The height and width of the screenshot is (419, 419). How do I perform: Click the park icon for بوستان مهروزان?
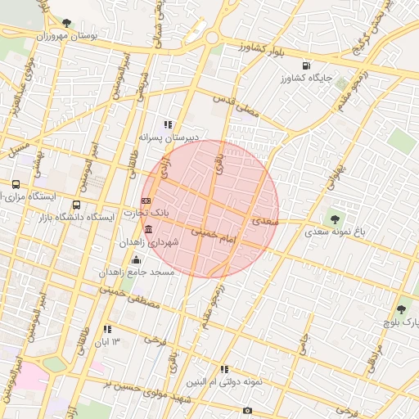tap(66, 23)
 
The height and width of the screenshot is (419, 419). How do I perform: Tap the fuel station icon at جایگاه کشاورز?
tap(305, 65)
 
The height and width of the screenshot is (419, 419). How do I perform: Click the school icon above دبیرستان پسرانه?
tap(168, 124)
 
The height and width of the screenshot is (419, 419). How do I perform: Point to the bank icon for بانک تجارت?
tap(146, 200)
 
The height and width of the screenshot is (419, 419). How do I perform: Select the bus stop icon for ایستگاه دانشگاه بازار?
tap(77, 205)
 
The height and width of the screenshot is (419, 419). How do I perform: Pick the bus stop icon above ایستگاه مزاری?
tap(16, 184)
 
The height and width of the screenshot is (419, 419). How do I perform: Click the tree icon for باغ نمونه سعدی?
tap(334, 219)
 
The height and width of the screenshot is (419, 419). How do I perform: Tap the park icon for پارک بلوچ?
tap(400, 309)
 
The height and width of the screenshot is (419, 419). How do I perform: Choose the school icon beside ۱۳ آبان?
tap(107, 329)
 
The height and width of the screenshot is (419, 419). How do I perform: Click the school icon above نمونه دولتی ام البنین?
tap(224, 369)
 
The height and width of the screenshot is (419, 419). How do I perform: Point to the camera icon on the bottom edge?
tap(247, 410)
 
